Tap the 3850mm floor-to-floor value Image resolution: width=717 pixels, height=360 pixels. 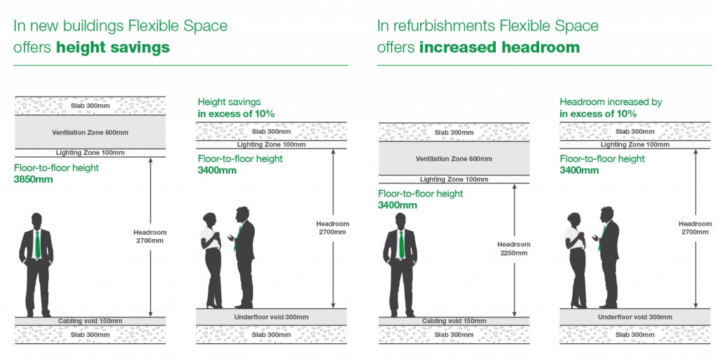coord(33,179)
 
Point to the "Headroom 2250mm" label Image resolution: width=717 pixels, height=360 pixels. coord(514,249)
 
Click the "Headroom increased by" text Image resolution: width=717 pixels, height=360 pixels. coord(611,102)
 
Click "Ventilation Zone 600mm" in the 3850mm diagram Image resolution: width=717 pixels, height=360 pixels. coord(90,132)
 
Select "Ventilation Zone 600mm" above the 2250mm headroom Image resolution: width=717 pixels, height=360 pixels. coord(454,158)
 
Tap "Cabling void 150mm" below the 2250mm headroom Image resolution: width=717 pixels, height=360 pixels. coord(454,321)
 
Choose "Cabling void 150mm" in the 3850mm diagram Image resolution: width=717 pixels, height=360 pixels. coord(90,321)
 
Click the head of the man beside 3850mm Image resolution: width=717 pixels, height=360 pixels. coord(37,220)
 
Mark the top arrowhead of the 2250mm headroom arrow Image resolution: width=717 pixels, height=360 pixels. coord(515,186)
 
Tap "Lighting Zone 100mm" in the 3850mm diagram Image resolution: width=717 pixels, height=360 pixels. coord(90,152)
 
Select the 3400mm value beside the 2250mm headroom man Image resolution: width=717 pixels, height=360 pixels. coord(397,205)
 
